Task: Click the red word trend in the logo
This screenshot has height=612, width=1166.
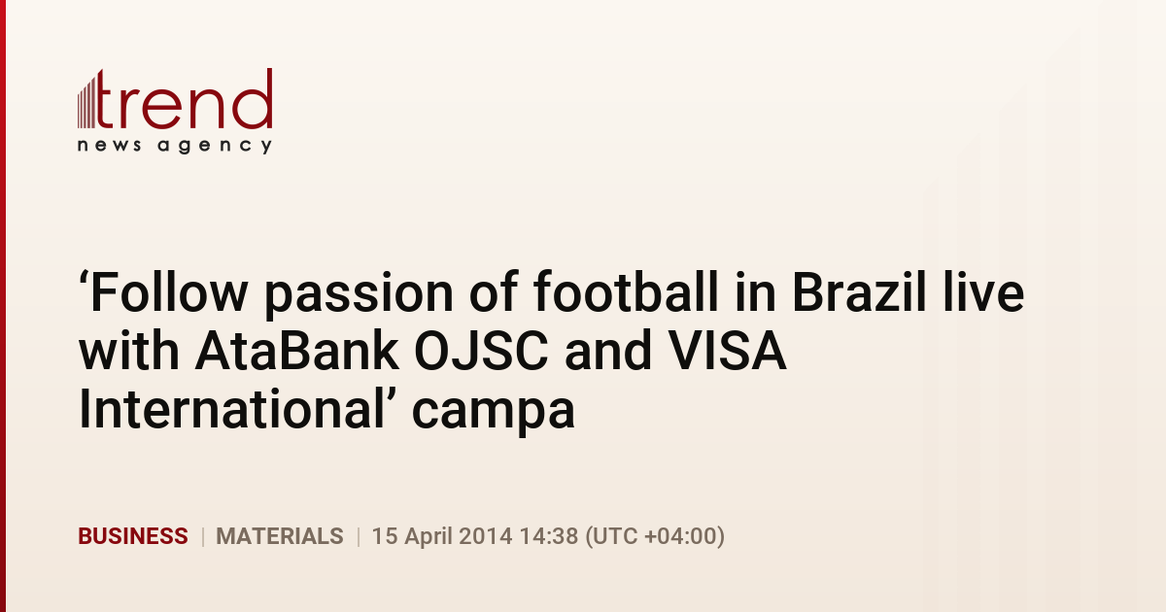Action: pos(185,99)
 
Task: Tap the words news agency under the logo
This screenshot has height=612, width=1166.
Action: pos(175,146)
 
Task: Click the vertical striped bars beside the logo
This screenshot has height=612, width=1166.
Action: pos(86,101)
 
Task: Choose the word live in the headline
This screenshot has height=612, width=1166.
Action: pos(983,291)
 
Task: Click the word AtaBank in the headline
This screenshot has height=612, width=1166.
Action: pos(297,351)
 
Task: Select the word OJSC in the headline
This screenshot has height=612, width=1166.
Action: pos(482,351)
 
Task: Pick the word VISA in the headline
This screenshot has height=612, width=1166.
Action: pos(727,351)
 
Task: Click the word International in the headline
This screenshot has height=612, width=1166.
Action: pos(231,409)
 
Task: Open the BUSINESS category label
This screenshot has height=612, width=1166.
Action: pos(133,536)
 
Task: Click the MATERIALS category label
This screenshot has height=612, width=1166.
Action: pos(280,536)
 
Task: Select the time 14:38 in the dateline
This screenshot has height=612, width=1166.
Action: pos(549,536)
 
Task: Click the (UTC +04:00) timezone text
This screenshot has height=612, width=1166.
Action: pos(655,536)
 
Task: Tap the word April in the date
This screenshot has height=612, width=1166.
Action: pos(429,537)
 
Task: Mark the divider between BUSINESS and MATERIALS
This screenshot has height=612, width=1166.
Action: pos(202,536)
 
